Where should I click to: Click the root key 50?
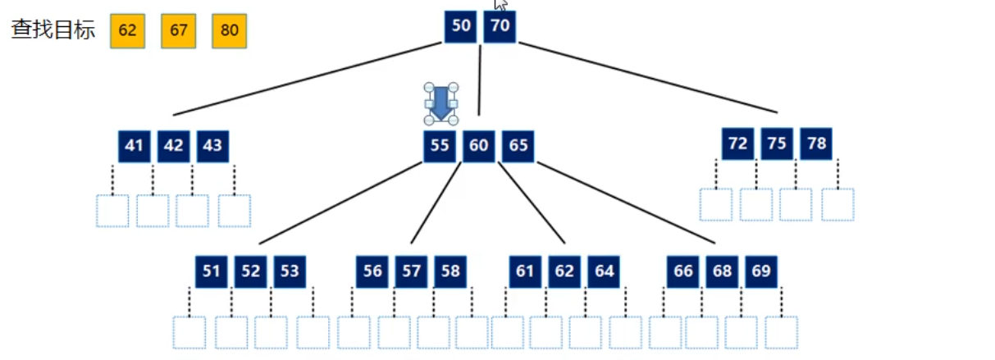(x=461, y=26)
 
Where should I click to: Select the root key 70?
(x=500, y=26)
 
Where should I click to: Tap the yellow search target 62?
(x=127, y=31)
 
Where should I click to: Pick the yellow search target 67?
(x=178, y=31)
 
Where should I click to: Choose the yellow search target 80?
(x=229, y=31)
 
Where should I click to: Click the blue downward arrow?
(x=440, y=103)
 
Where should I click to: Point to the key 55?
(x=440, y=146)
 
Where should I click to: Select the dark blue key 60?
(x=478, y=146)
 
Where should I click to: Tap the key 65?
(x=518, y=146)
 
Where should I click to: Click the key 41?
(x=134, y=146)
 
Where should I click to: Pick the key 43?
(x=212, y=146)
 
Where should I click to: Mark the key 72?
(x=737, y=144)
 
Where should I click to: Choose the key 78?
(x=816, y=144)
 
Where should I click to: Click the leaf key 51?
(x=212, y=271)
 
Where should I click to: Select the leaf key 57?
(x=411, y=271)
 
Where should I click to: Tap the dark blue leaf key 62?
(x=564, y=271)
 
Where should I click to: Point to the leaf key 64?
(x=604, y=271)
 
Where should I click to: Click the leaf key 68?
(x=722, y=271)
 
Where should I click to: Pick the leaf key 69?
(x=761, y=271)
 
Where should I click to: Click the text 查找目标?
(x=52, y=30)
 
